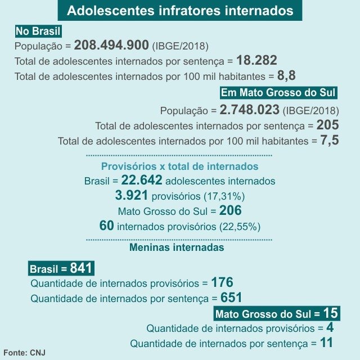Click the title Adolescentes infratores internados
click(x=180, y=11)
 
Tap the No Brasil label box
click(x=39, y=31)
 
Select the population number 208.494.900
click(x=111, y=46)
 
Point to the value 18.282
click(x=256, y=61)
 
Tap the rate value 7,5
click(x=330, y=140)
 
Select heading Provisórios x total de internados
click(x=179, y=166)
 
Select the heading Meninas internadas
click(x=177, y=247)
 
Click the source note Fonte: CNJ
click(x=24, y=352)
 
